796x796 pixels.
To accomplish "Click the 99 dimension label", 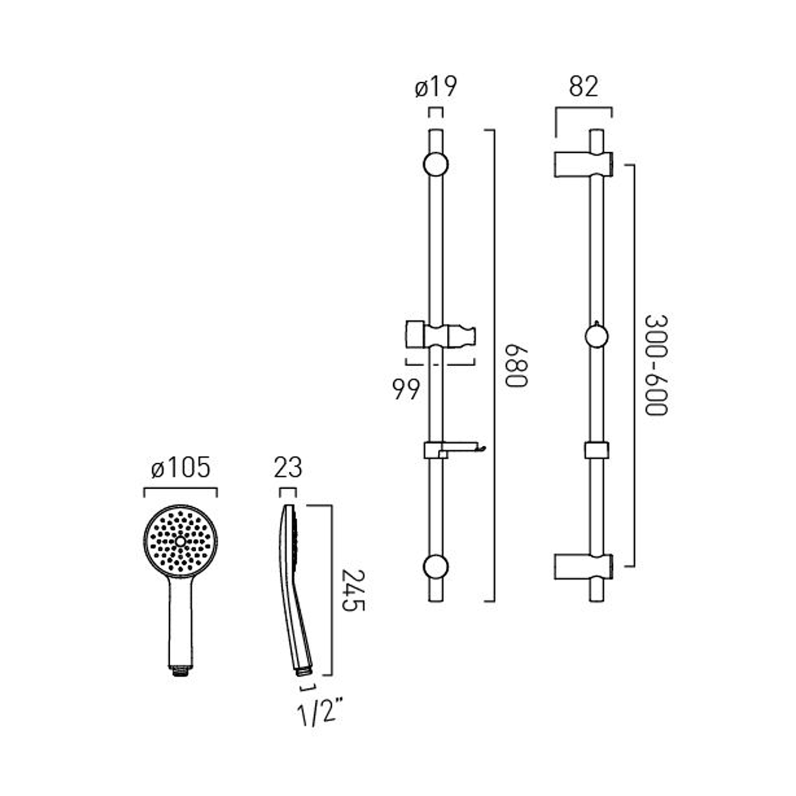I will click(x=406, y=390).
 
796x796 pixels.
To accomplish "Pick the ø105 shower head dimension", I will click(x=180, y=468).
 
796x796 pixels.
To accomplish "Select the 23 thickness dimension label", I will click(x=288, y=468).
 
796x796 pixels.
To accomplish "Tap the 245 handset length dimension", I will click(x=353, y=590).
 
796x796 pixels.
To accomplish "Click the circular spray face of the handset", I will click(x=180, y=541).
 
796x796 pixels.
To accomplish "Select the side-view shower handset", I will click(x=293, y=584).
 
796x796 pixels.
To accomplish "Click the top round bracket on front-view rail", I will click(x=436, y=165).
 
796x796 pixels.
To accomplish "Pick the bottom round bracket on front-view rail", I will click(x=436, y=567).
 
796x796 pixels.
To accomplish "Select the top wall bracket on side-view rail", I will click(x=584, y=164).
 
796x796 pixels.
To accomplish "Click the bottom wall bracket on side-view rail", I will click(x=584, y=566).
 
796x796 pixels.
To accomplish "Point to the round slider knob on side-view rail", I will click(x=596, y=336).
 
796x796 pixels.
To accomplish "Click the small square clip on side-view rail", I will click(x=596, y=450).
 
